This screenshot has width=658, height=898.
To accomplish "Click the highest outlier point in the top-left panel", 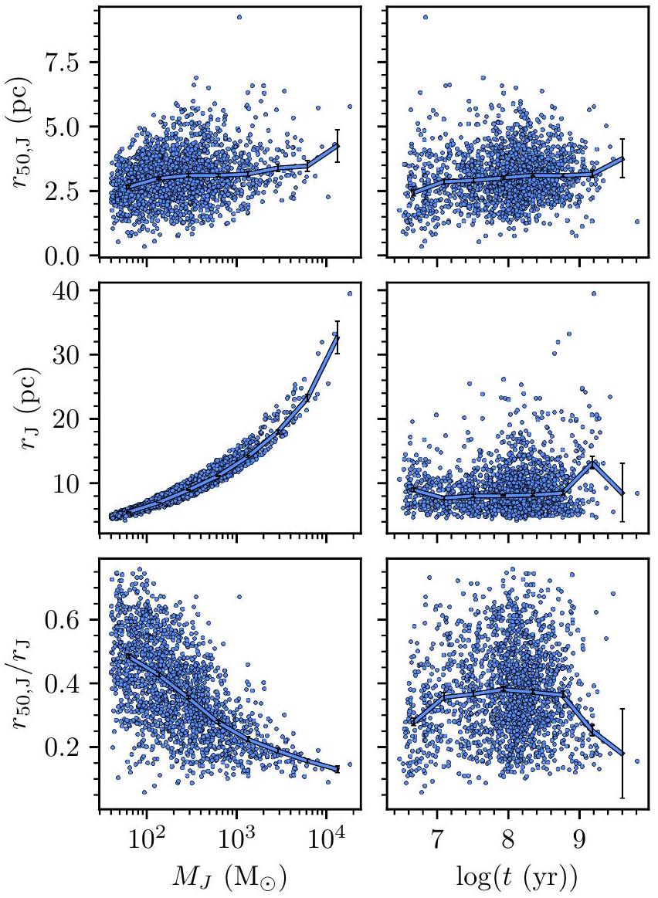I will pos(239,16).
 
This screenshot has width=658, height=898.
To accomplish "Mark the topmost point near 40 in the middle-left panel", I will pos(350,293).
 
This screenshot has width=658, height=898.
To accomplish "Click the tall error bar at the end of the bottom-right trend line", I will pos(622,753).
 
